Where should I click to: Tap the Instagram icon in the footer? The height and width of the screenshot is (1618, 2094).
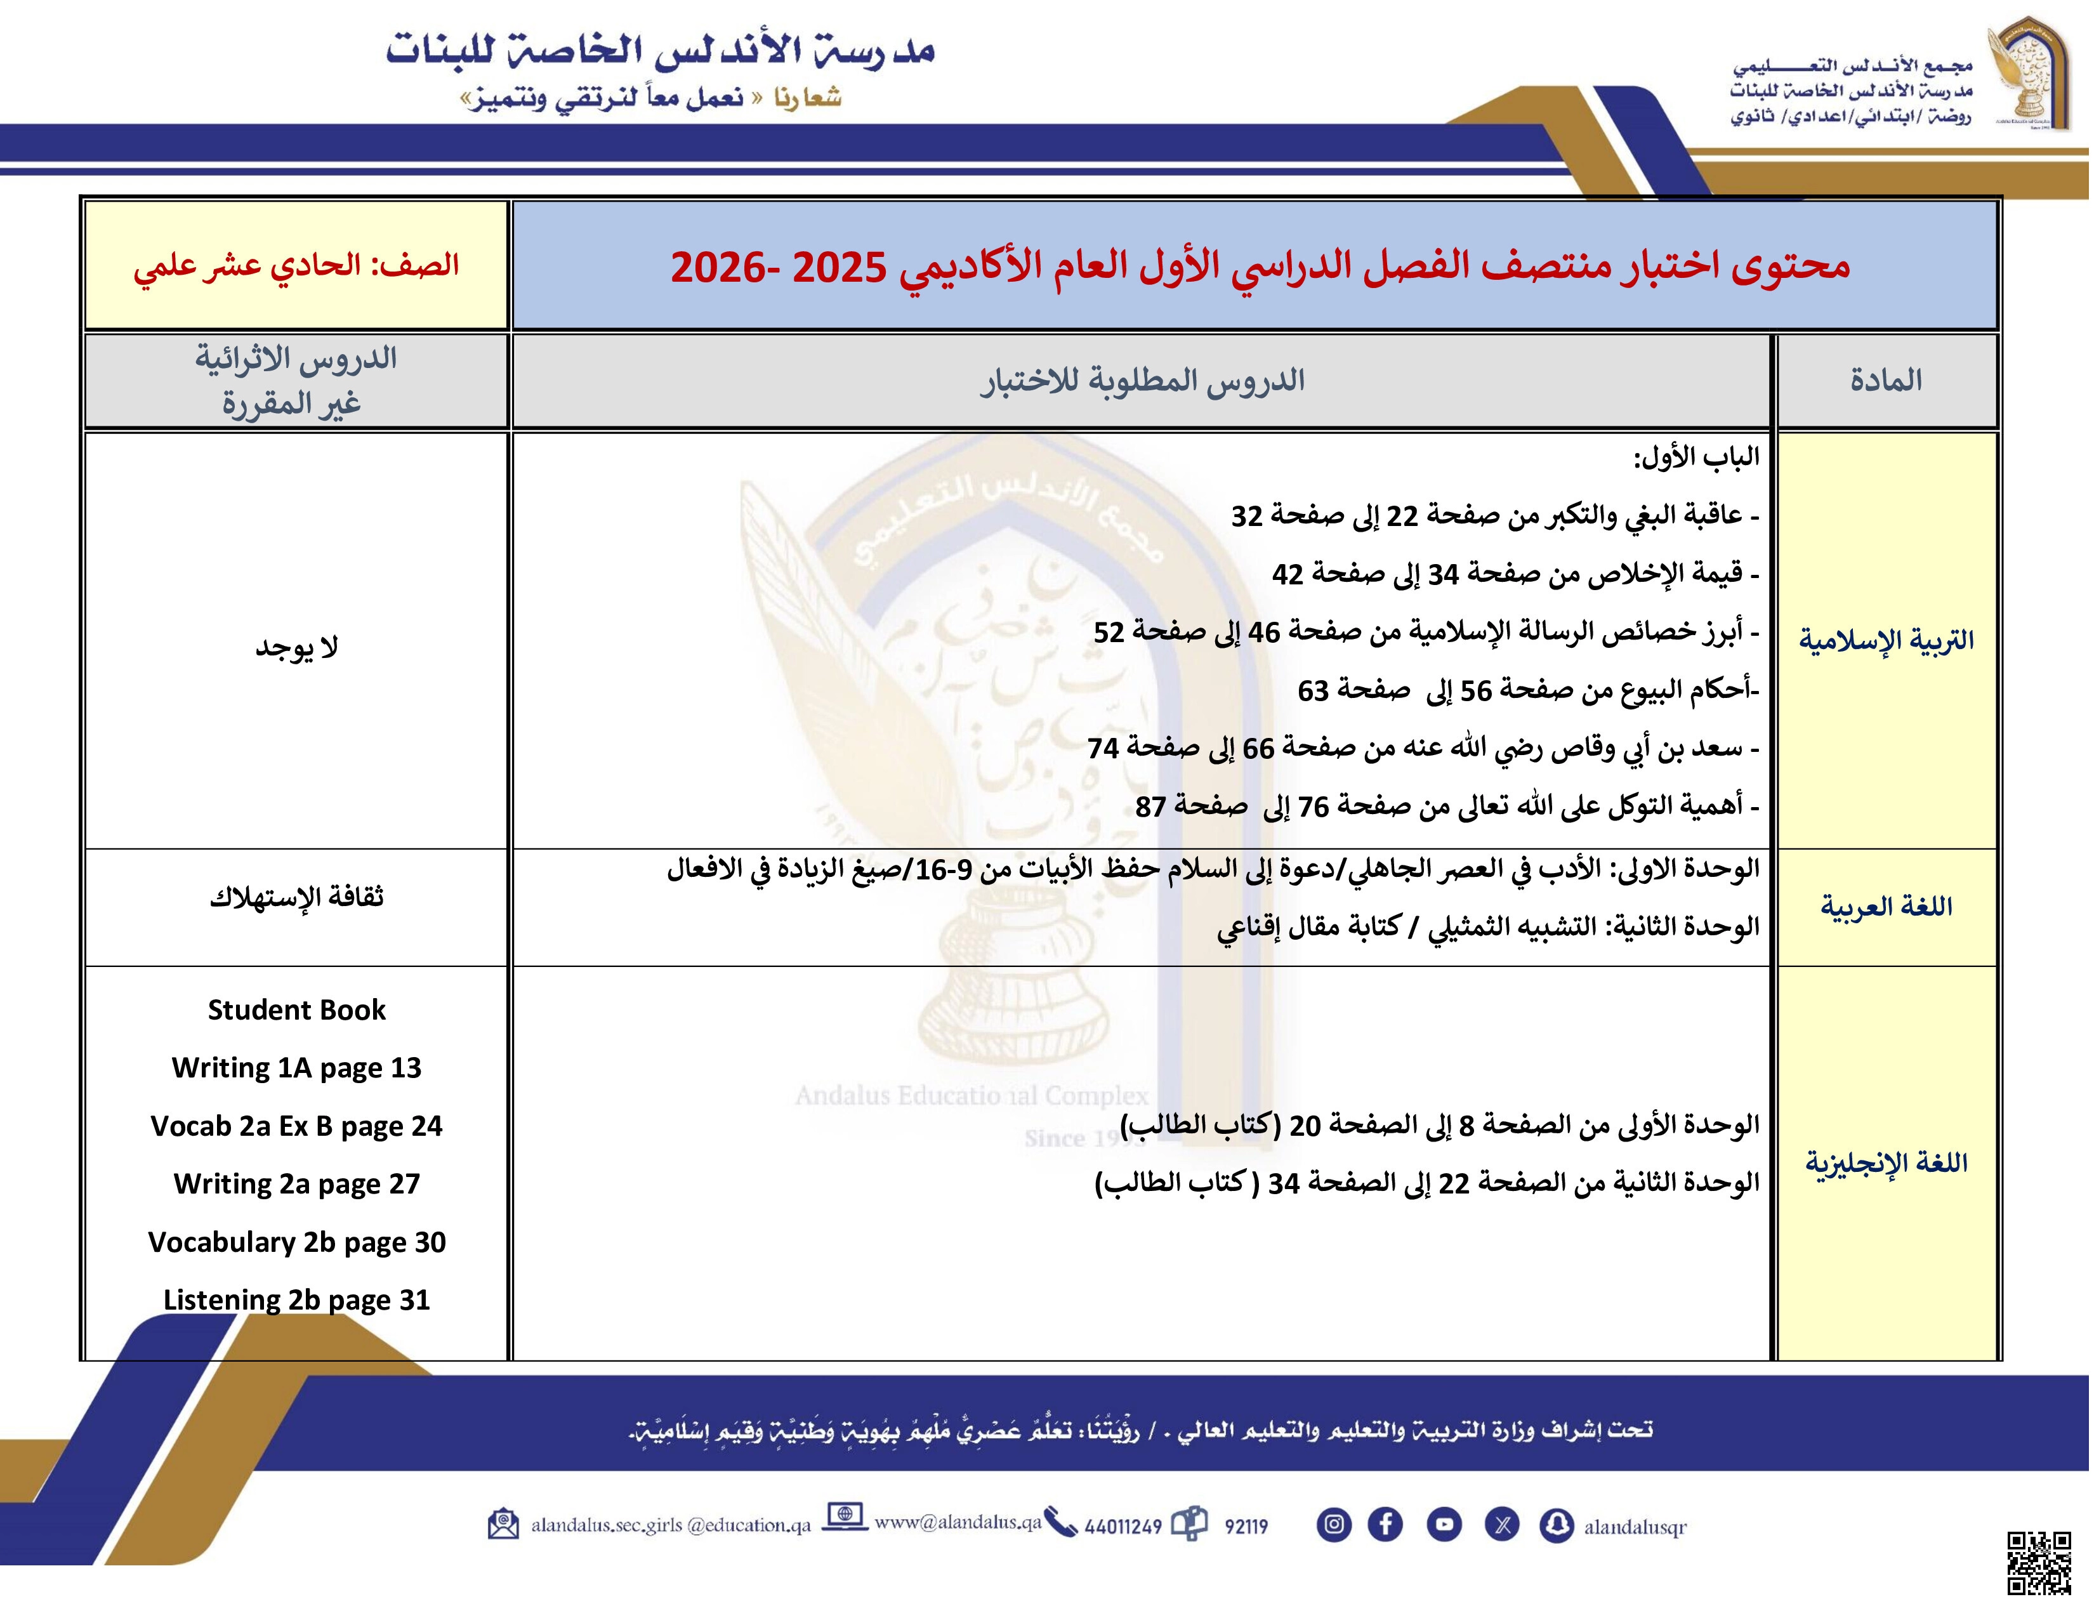(1334, 1524)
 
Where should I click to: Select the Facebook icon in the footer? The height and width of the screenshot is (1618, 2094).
(1385, 1524)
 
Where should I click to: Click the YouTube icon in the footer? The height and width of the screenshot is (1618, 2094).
(1444, 1524)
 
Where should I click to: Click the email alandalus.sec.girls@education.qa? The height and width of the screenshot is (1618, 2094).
(671, 1525)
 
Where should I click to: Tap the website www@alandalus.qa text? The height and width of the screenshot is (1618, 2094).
(957, 1522)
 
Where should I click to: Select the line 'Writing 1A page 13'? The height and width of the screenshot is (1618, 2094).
(296, 1068)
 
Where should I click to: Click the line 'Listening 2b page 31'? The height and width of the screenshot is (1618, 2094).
(296, 1299)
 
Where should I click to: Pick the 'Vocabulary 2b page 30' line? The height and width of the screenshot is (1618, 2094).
(296, 1242)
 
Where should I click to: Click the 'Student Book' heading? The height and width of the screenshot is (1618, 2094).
(296, 1010)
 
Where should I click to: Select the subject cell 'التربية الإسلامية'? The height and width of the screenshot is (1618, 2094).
(1886, 640)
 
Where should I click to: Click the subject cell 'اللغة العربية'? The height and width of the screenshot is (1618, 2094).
(1886, 907)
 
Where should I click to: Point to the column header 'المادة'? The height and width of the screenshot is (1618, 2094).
(1886, 381)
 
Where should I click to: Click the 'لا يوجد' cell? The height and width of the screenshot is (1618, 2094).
(296, 648)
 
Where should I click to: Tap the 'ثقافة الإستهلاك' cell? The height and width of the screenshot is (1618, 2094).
(296, 897)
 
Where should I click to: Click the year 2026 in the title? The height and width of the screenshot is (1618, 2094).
(716, 267)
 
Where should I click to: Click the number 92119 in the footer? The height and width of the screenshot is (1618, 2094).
(1246, 1526)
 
